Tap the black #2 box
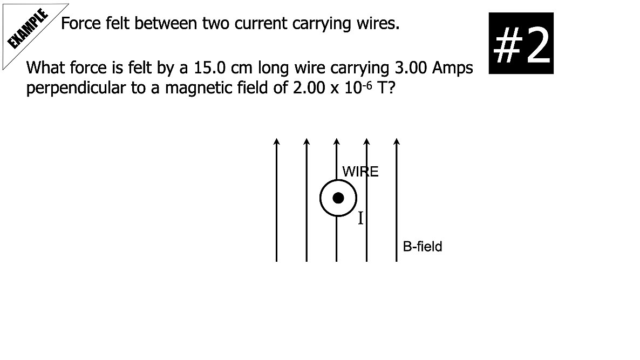point(521,43)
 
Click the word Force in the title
point(81,23)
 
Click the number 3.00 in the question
point(411,68)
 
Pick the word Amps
point(453,69)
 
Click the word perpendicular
point(76,88)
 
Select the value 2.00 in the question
point(309,88)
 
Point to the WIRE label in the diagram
point(360,172)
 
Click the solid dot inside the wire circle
point(338,198)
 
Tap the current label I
point(360,218)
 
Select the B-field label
point(423,247)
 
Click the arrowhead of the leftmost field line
point(277,141)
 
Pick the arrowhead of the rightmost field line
point(397,141)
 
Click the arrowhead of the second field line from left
point(307,141)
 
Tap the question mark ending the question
point(392,88)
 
